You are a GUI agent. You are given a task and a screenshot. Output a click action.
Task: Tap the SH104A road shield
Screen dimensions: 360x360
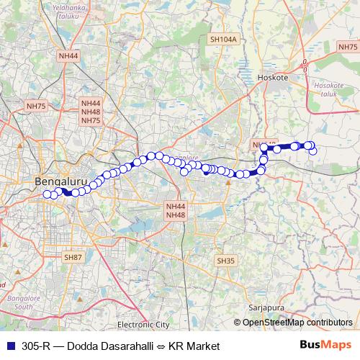tap(222, 40)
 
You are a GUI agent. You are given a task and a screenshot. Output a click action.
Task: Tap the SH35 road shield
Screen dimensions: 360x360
tap(225, 261)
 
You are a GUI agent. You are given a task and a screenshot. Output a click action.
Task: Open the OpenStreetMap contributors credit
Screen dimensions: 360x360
tap(297, 323)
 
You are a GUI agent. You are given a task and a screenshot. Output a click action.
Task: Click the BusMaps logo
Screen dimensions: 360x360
tap(325, 346)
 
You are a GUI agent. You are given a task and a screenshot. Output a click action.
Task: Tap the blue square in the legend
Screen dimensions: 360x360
tap(9, 346)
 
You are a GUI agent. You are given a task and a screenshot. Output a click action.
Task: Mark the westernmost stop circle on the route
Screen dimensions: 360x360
tap(48, 194)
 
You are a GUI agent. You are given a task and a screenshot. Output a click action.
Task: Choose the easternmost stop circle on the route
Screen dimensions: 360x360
tap(313, 150)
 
